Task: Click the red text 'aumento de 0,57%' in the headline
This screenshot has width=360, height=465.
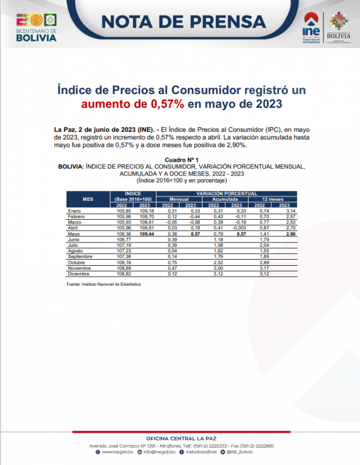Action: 133,104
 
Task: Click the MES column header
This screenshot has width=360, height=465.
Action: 88,198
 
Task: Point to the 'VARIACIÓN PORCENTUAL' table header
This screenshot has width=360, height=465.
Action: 227,193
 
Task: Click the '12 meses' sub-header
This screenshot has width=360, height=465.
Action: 272,199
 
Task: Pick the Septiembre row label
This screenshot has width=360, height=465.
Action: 80,257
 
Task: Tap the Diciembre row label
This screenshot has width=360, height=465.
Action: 78,274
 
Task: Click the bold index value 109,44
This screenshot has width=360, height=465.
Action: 147,234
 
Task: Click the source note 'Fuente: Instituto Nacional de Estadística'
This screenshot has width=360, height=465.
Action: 103,284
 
